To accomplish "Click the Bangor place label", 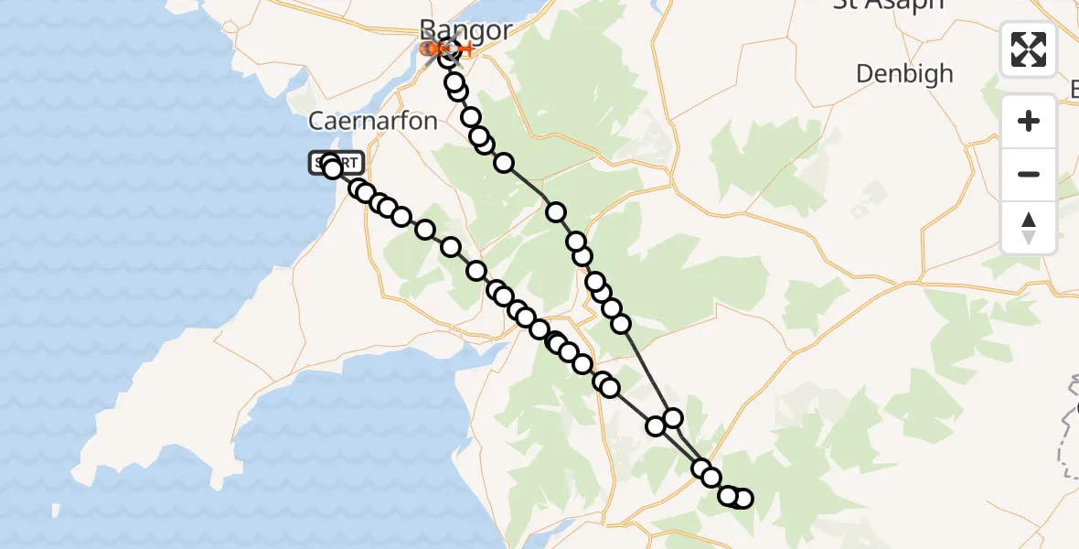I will [466, 29].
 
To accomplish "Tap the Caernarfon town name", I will [373, 120].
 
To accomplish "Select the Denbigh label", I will [904, 73].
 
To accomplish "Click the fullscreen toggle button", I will [1029, 49].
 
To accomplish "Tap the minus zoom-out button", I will [1029, 175].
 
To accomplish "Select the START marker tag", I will [337, 163].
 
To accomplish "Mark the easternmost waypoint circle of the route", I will [742, 499].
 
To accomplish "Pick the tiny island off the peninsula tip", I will [58, 510].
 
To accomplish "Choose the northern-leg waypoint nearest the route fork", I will [673, 418].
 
